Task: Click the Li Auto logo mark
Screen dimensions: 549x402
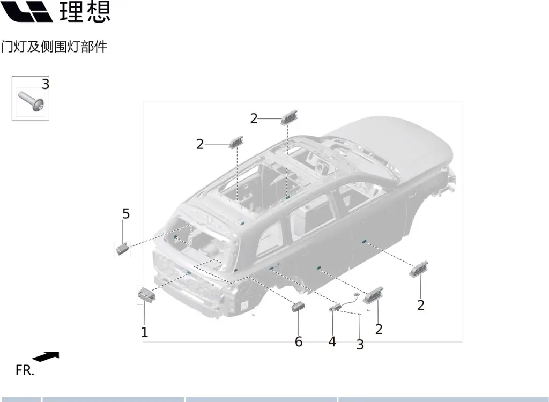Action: click(26, 11)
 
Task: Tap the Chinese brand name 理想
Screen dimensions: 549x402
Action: click(85, 11)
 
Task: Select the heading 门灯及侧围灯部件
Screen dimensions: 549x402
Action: click(54, 47)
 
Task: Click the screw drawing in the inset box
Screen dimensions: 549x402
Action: click(31, 101)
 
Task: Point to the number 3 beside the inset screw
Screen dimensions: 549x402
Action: click(46, 84)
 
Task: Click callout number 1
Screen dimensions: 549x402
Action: click(144, 332)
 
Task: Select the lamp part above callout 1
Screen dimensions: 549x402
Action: click(147, 294)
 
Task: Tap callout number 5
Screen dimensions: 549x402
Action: click(125, 213)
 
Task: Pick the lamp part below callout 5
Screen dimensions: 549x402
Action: click(122, 249)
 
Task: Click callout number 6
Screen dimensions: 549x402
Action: click(298, 341)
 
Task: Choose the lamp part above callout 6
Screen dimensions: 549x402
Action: click(298, 307)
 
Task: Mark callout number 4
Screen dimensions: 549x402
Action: click(332, 341)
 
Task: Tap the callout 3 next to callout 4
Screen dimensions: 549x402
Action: click(360, 345)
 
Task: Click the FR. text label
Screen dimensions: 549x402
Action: click(25, 370)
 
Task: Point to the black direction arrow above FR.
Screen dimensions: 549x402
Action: click(46, 356)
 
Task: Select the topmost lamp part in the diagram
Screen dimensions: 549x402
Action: click(289, 117)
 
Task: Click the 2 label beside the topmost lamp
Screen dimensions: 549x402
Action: click(254, 118)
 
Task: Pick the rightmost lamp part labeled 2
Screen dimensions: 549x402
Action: click(418, 269)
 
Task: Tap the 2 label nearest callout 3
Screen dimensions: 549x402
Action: click(379, 329)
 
